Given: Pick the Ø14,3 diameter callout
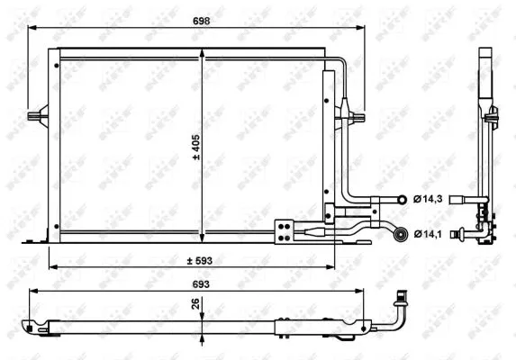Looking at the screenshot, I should pos(427,199).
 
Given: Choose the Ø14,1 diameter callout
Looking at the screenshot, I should pos(427,235).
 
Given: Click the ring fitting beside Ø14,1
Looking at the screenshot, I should pos(397,236).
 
